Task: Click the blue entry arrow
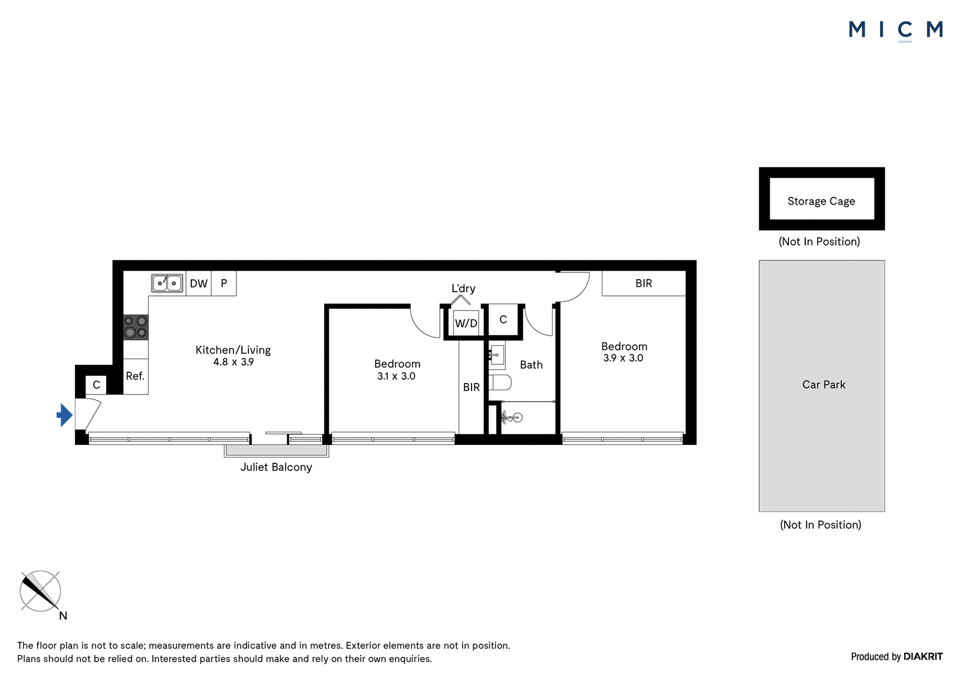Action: tap(65, 415)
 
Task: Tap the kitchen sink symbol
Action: tap(167, 283)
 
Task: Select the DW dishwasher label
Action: tap(199, 283)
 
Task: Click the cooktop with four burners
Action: tap(136, 327)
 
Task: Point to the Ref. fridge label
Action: tap(135, 376)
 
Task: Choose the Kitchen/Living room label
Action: tap(233, 350)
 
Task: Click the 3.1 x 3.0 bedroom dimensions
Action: tap(397, 376)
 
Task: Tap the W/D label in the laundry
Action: tap(466, 323)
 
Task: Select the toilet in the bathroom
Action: tap(500, 382)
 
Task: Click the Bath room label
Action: tap(532, 364)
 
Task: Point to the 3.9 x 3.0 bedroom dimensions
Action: tap(623, 358)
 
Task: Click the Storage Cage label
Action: tap(821, 201)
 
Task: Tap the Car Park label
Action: tap(824, 384)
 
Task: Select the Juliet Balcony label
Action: tap(276, 467)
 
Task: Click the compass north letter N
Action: tap(63, 616)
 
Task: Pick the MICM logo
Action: tap(896, 30)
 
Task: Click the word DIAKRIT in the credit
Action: tap(923, 657)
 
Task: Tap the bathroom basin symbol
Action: tap(497, 355)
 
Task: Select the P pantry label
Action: tap(224, 283)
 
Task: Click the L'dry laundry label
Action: tap(463, 289)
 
